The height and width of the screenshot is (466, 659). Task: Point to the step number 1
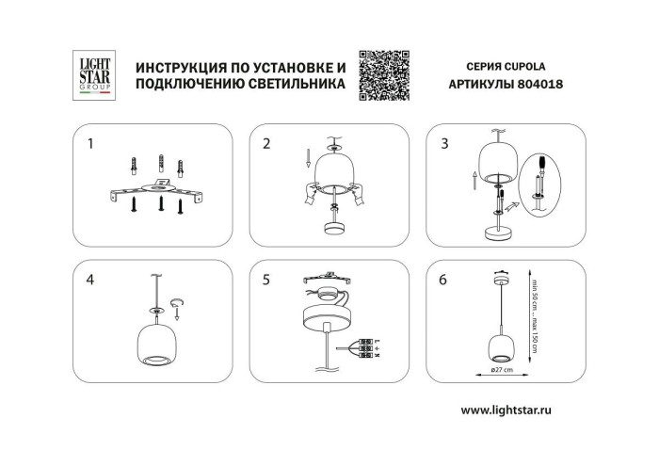click(x=89, y=144)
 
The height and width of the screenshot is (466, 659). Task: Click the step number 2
click(x=266, y=144)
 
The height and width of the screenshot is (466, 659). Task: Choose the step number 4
click(x=89, y=279)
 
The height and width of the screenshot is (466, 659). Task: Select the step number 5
click(x=266, y=279)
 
